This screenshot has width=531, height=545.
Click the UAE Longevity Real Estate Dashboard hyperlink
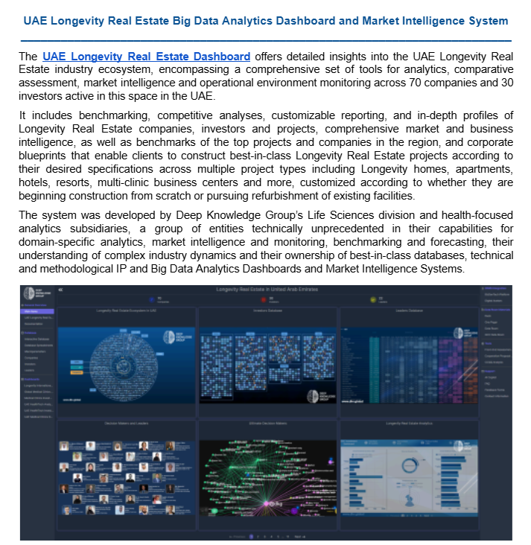tap(146, 57)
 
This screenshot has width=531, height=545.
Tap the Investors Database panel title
tap(270, 310)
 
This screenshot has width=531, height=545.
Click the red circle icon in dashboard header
tap(269, 299)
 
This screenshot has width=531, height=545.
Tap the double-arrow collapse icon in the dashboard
tap(60, 289)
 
